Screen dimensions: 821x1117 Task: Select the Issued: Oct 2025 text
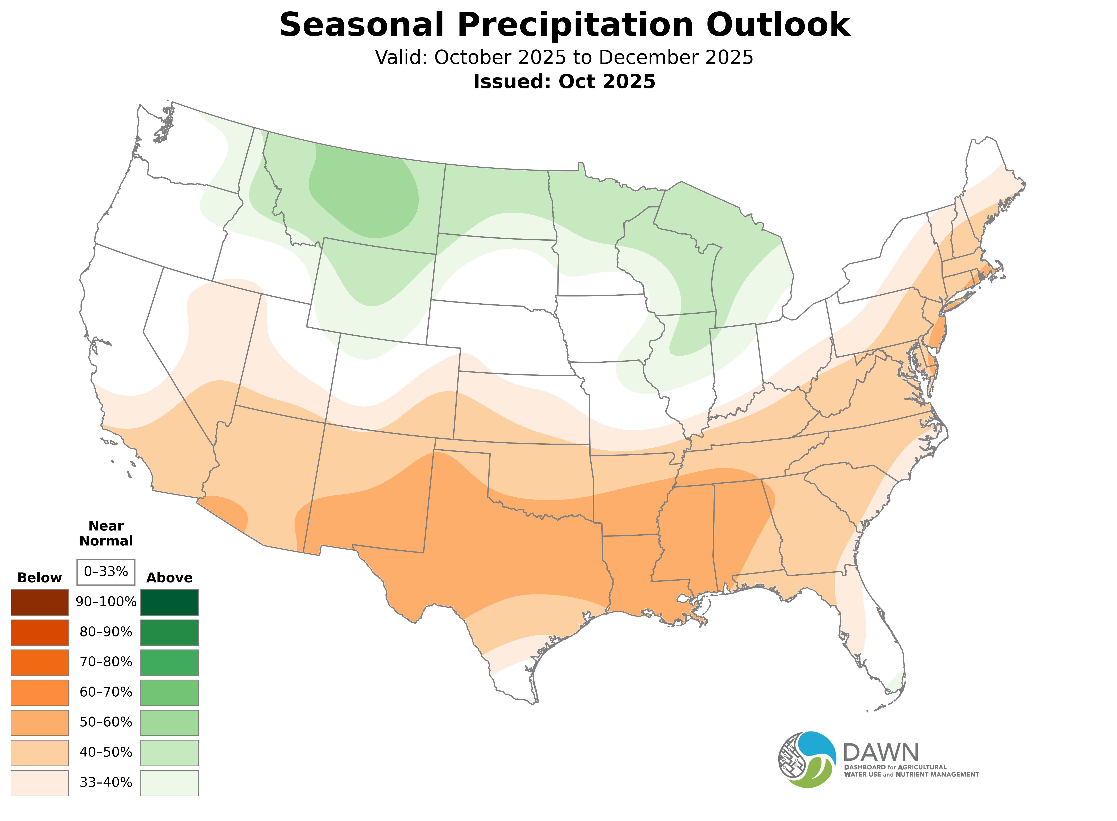[564, 82]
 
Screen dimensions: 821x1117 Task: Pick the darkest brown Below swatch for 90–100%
[40, 602]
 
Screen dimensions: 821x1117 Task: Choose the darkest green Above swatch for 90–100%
[170, 602]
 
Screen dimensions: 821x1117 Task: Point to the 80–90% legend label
[106, 632]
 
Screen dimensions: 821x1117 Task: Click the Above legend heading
[170, 578]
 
